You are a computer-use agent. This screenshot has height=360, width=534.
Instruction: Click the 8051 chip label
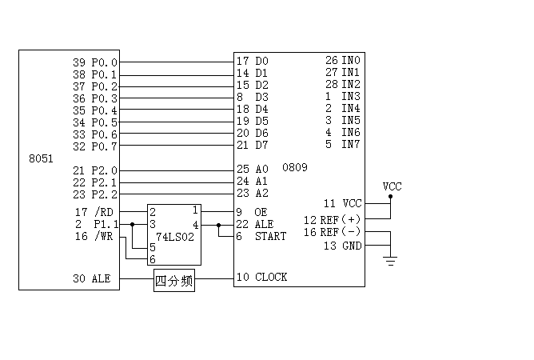41,158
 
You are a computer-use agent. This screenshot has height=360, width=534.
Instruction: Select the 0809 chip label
295,168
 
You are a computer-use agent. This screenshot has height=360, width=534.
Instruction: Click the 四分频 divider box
173,281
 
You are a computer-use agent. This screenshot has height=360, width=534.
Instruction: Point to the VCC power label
393,186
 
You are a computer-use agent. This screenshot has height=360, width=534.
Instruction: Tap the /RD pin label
104,212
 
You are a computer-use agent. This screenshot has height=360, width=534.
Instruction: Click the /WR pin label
104,236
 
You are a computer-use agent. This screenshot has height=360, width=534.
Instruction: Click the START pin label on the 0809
270,236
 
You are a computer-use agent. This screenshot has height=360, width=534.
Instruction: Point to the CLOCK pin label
271,277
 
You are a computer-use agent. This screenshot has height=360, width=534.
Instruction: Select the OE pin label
261,212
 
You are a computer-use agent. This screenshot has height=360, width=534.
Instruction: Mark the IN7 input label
351,145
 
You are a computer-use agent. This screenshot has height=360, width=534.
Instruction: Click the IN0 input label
351,60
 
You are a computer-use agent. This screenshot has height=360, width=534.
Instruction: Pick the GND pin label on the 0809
352,246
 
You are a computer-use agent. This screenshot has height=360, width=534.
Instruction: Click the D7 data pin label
262,145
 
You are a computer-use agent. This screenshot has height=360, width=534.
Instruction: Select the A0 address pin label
262,170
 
